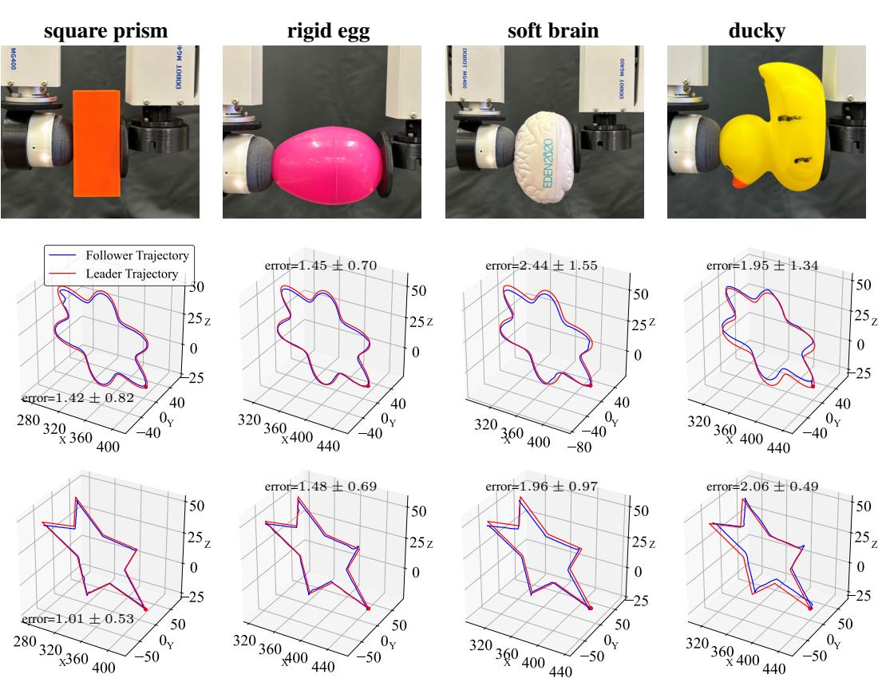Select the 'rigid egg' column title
328,32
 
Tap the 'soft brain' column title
552,32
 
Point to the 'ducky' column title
756,32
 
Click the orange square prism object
97,143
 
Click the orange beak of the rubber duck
739,183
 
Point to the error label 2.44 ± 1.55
542,266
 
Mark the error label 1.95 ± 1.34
763,266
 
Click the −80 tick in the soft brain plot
584,447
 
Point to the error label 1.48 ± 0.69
320,486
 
